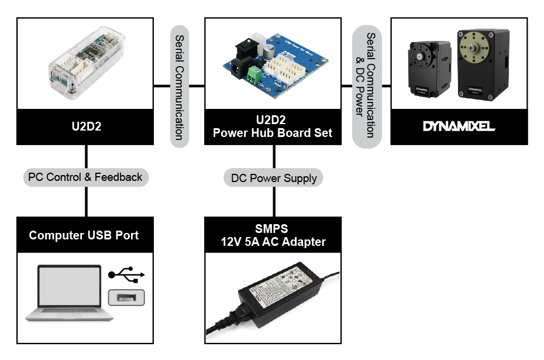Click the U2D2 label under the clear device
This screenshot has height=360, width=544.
coord(85,126)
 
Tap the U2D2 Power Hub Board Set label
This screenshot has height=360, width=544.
coord(273,126)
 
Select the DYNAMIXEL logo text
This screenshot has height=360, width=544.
coord(459,126)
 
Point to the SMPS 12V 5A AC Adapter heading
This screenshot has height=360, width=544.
coord(273,235)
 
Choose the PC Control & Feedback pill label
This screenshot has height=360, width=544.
coord(85,177)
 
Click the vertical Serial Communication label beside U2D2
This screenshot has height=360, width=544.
coord(180,86)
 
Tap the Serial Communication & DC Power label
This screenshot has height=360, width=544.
coord(366,86)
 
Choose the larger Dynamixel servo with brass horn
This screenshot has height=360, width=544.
coord(483,62)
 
